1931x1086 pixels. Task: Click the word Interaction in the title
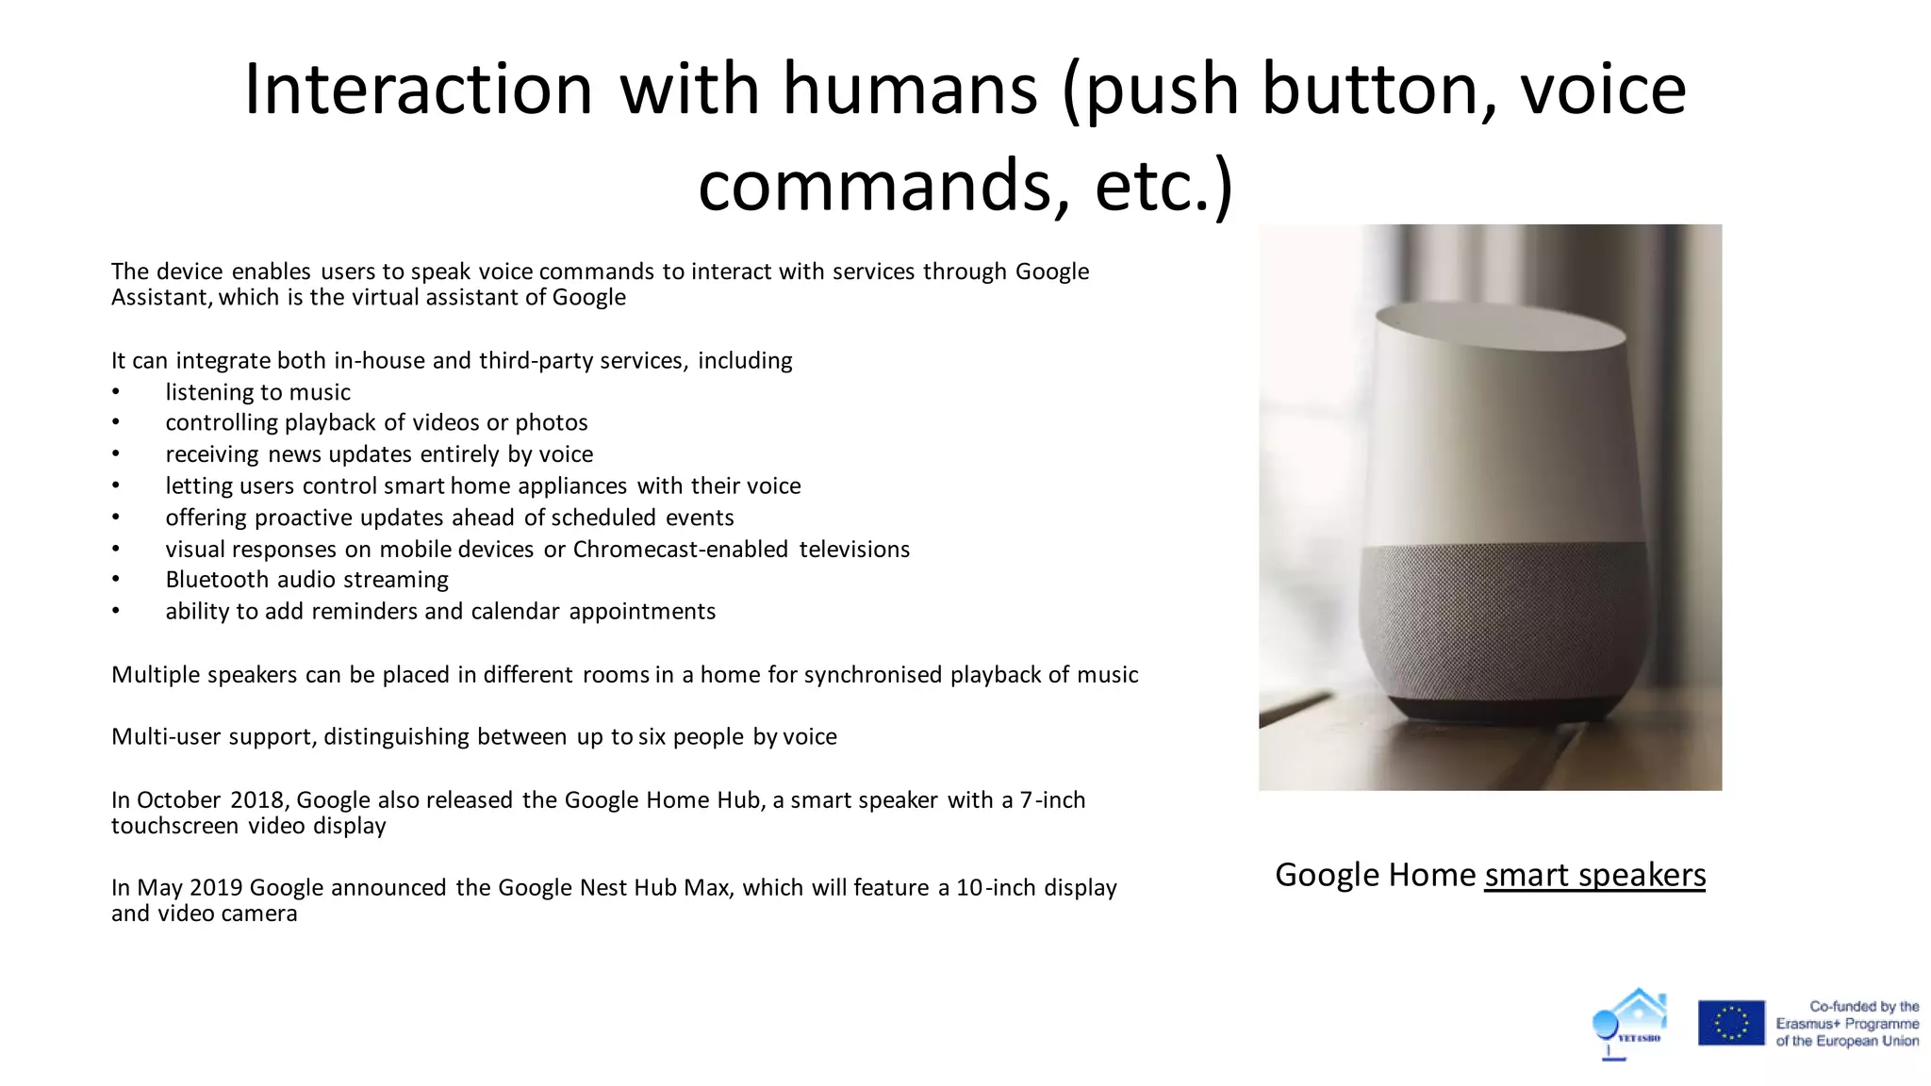418,90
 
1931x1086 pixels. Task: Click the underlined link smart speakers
1594,875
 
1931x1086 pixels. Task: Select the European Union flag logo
1731,1023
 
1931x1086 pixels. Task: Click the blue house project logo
1630,1023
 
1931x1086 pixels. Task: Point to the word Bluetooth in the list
216,580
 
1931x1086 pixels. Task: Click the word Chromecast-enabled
680,550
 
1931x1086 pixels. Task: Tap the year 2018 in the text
256,800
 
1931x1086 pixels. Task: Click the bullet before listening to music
116,393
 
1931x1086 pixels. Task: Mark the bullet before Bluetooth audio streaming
116,581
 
